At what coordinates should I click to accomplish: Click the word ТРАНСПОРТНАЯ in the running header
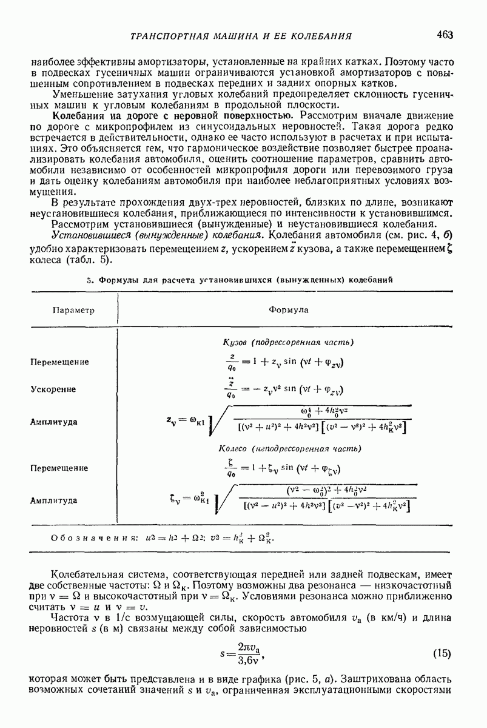tap(170, 37)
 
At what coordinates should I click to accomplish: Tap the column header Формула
tap(288, 309)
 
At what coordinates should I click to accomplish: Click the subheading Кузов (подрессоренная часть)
tap(289, 342)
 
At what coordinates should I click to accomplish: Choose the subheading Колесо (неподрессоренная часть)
tap(289, 448)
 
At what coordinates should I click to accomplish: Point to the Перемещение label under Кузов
tap(59, 362)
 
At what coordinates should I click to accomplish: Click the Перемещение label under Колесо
tap(59, 468)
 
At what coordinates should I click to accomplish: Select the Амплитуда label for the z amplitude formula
tap(54, 422)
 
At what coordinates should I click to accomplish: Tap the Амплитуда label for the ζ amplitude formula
tap(54, 501)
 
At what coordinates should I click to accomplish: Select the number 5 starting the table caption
tap(89, 280)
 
